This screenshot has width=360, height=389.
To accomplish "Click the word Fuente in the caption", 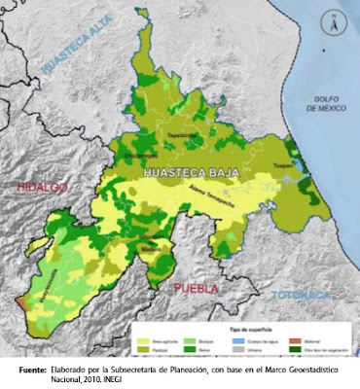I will coord(27,368).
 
